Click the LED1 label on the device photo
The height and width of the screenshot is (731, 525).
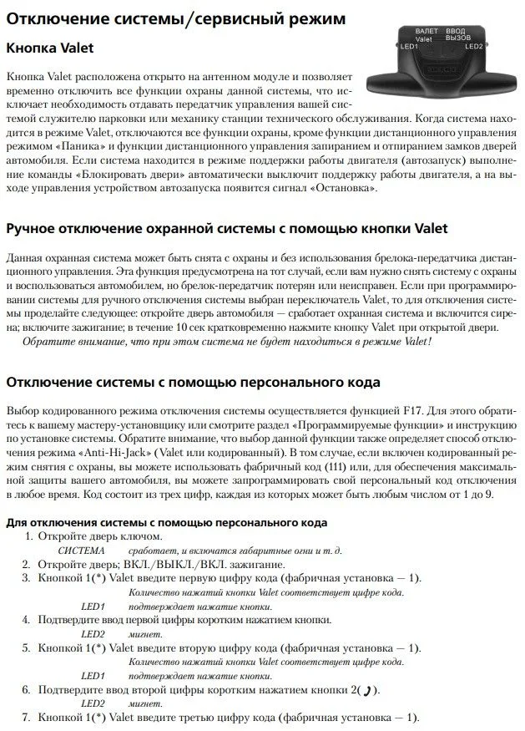(409, 47)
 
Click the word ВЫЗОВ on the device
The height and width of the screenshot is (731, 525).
(458, 38)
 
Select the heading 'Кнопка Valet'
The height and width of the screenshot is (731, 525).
(50, 48)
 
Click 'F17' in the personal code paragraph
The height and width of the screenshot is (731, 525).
(414, 411)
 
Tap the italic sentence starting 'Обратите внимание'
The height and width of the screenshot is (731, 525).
(229, 342)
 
